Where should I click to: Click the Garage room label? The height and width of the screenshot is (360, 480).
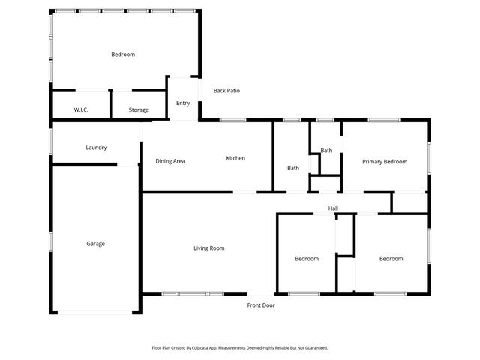95,244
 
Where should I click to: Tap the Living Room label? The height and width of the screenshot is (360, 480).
209,248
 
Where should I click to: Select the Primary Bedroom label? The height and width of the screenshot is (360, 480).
385,162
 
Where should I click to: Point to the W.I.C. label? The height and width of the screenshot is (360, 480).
81,110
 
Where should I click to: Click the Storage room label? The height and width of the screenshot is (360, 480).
138,110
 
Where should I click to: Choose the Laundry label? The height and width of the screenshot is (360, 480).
96,148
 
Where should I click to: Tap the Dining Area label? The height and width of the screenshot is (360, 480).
170,161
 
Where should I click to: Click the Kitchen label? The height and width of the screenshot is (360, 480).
235,158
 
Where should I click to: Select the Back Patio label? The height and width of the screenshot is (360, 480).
226,91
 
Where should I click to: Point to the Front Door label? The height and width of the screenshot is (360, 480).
261,305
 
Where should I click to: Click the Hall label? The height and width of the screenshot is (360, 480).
333,208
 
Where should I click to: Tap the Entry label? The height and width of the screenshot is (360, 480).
183,103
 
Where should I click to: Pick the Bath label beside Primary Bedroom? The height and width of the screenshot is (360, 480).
326,151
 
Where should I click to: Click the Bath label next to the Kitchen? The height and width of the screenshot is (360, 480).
293,168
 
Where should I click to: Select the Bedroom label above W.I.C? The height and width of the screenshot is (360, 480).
123,55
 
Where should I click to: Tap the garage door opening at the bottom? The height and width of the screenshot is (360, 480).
95,312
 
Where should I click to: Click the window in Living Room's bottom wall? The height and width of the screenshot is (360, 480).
193,293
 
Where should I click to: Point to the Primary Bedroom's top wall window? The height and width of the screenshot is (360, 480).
382,120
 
